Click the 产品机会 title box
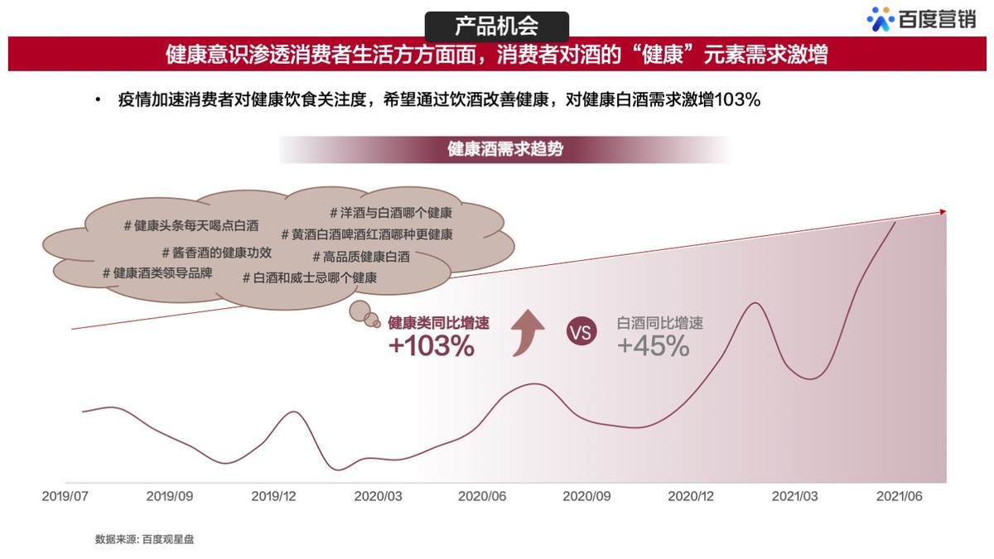tap(496, 25)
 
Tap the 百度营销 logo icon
tap(880, 19)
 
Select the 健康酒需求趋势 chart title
tap(505, 150)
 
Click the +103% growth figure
tap(432, 346)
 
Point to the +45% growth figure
tap(654, 346)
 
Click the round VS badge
tap(581, 332)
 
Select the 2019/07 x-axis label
tap(65, 497)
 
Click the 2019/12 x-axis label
tap(274, 497)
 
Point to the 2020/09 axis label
tap(586, 497)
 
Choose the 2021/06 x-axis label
tap(900, 497)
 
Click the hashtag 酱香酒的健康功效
tap(216, 253)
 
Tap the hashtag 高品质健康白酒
tap(361, 257)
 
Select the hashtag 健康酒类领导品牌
tap(157, 272)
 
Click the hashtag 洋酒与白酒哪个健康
tap(390, 213)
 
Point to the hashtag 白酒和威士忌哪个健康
tap(310, 278)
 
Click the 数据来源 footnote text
tap(145, 539)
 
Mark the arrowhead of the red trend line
tap(942, 212)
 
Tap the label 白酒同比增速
tap(660, 324)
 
